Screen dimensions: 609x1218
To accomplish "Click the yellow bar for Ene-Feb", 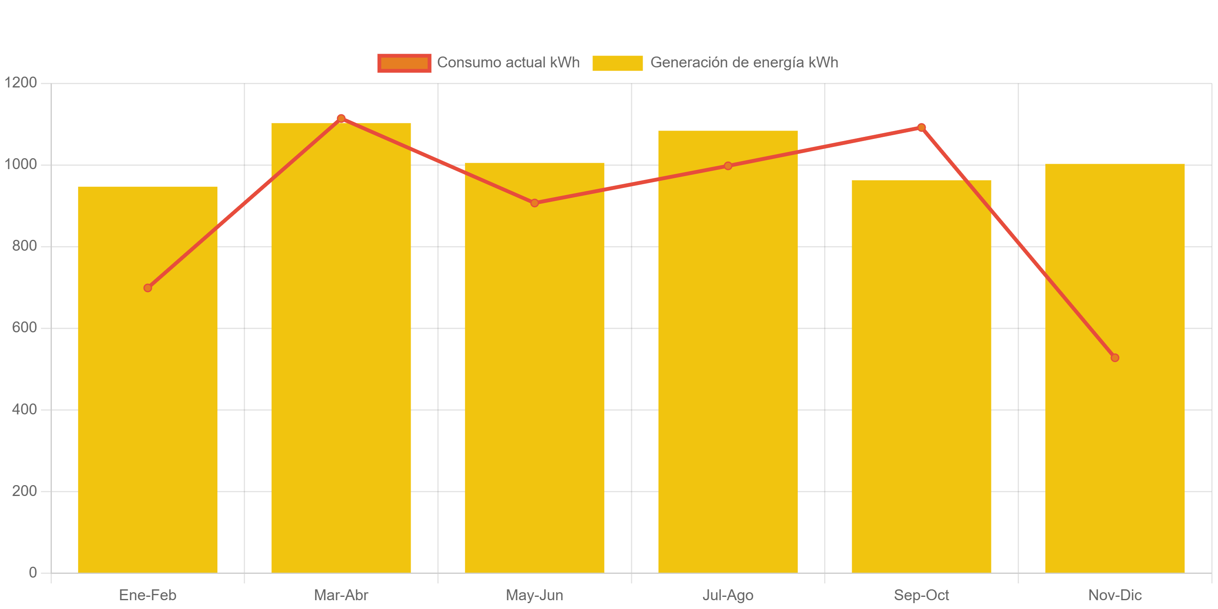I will (x=148, y=426).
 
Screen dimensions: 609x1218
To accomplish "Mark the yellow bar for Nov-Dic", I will (x=1114, y=450).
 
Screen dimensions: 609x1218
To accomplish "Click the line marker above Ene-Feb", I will (x=148, y=288).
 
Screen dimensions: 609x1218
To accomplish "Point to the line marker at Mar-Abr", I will (x=341, y=118).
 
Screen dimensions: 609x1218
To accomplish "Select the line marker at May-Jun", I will (x=534, y=203).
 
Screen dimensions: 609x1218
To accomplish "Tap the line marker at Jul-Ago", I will (x=728, y=166).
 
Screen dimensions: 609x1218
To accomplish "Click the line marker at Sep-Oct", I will (x=921, y=127).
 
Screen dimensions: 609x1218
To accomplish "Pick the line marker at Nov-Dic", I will (x=1114, y=358).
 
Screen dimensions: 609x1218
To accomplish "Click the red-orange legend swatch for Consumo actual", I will (x=404, y=63).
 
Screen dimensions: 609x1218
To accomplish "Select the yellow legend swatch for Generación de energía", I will (x=617, y=63).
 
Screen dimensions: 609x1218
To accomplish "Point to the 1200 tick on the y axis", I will (x=20, y=82).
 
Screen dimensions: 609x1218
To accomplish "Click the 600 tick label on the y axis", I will (x=24, y=327).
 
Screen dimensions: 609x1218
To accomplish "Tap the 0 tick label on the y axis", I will (x=33, y=573).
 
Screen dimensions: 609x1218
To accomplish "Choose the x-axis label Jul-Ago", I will (x=728, y=595).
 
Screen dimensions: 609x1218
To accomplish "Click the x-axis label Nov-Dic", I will (x=1114, y=595).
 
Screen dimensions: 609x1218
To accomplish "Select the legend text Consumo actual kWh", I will (x=508, y=62).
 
